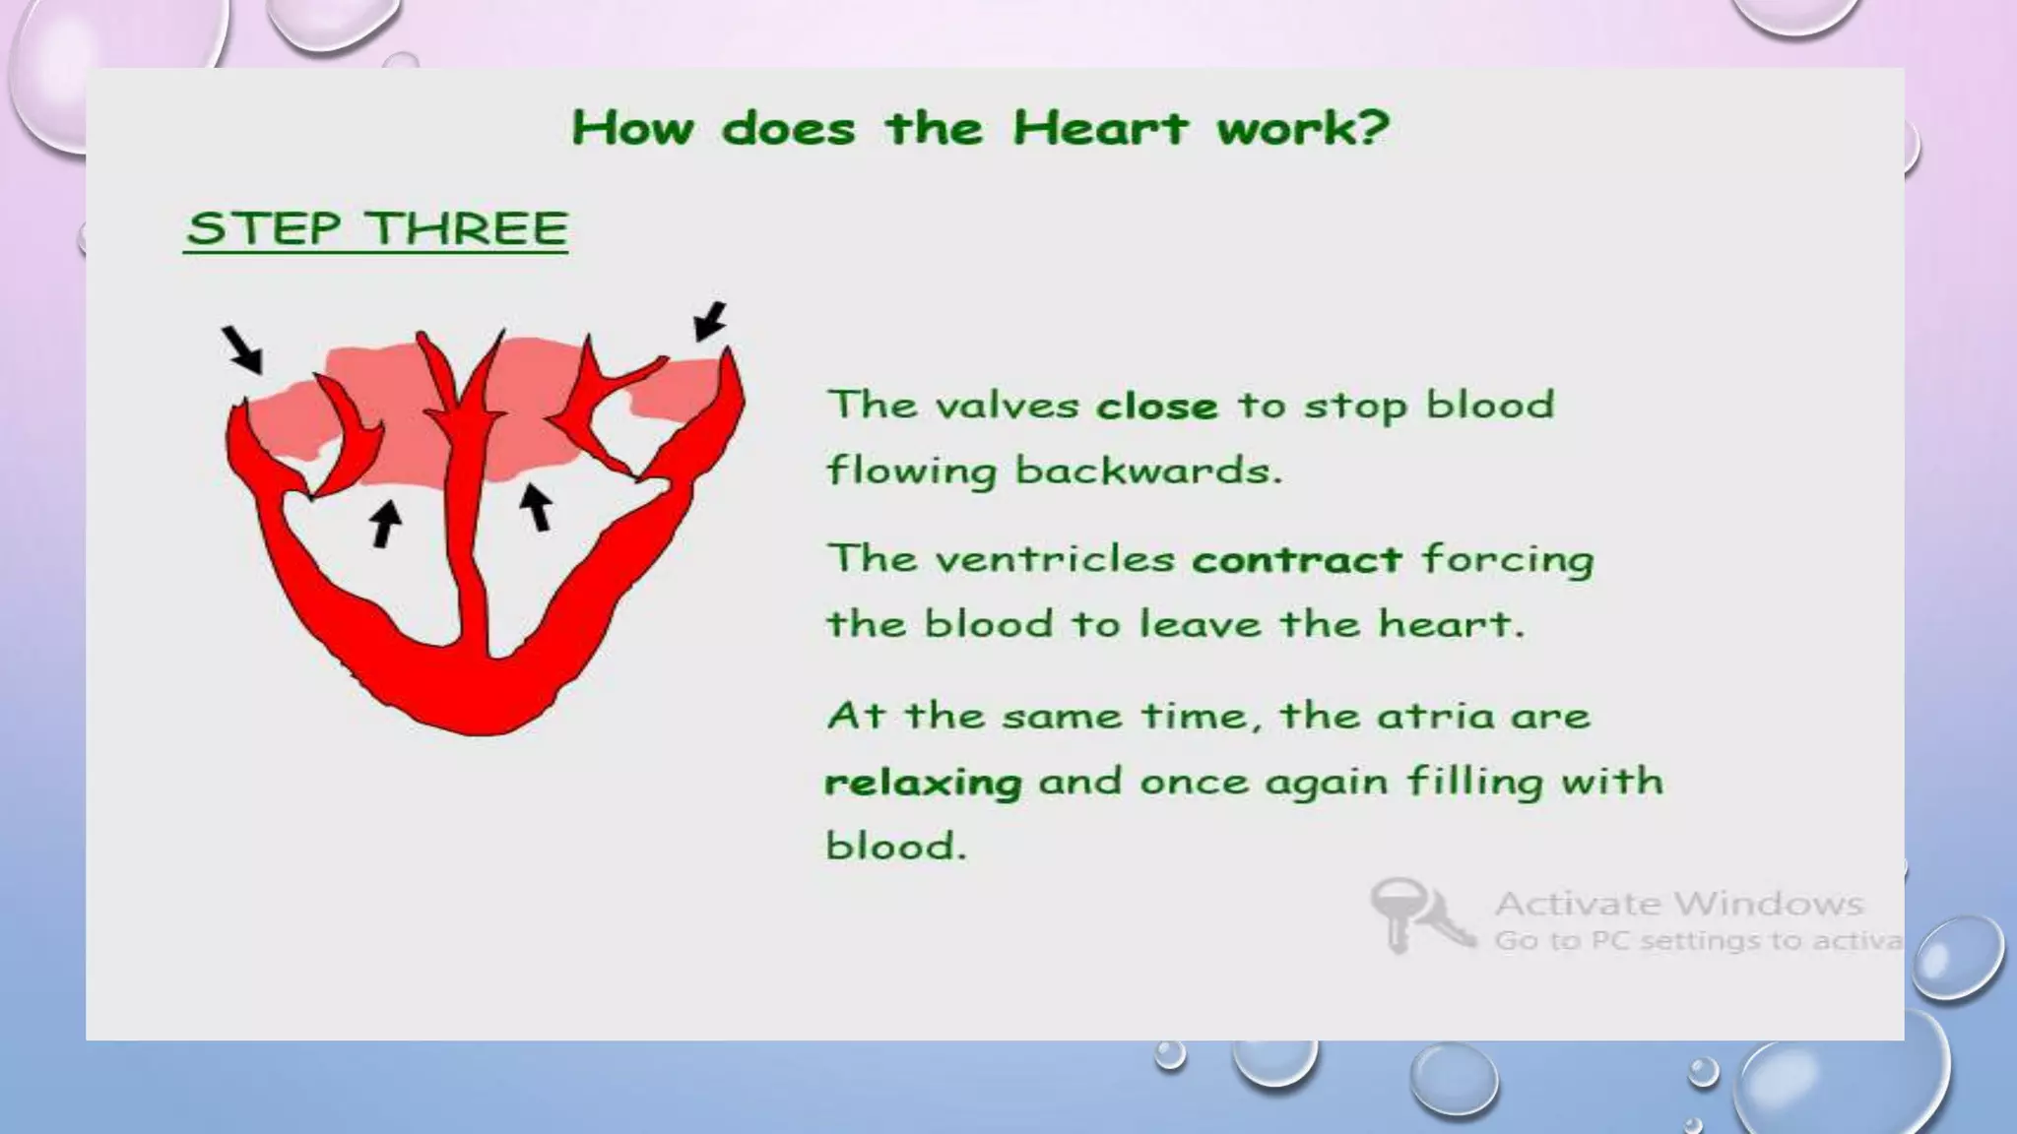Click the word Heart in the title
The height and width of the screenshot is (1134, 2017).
(1100, 128)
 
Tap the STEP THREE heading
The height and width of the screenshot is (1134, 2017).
(376, 228)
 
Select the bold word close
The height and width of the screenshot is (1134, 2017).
(1156, 406)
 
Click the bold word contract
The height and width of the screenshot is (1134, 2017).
(1296, 559)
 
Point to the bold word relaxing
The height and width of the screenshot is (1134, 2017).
(923, 783)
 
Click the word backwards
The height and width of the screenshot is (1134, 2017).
(1148, 470)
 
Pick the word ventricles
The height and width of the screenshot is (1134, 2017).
(1055, 559)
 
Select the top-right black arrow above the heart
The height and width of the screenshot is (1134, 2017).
(710, 321)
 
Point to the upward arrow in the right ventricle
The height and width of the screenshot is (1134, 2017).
(536, 506)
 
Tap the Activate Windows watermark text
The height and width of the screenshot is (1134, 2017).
(1678, 903)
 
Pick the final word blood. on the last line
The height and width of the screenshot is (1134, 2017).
(896, 847)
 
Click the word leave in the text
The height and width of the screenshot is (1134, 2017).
(1201, 624)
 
